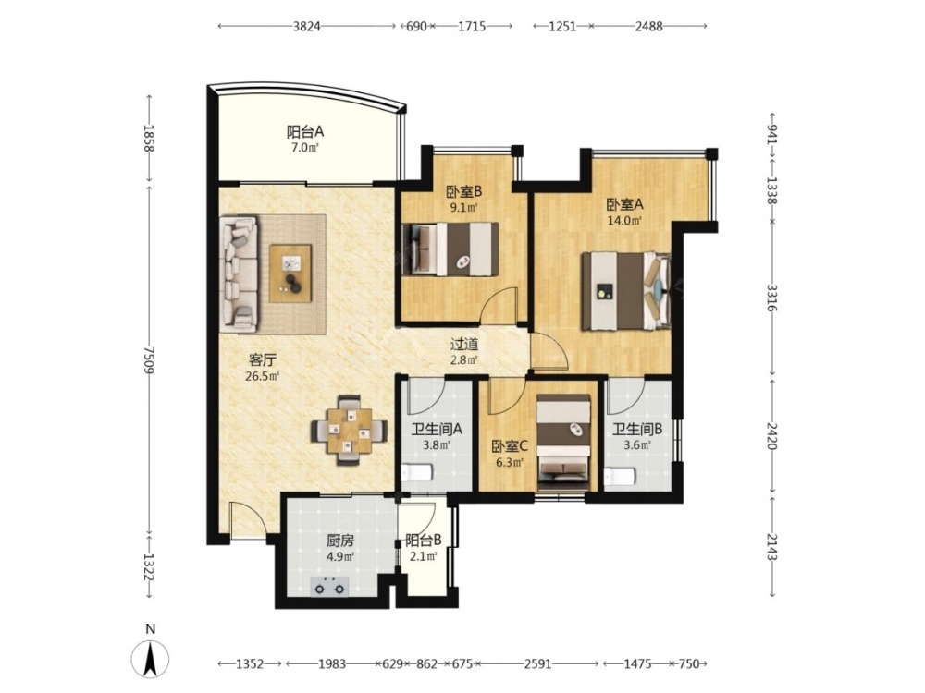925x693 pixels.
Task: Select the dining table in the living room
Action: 350,430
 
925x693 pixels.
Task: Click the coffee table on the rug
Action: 290,274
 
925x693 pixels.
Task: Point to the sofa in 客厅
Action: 240,274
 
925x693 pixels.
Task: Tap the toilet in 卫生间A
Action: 416,472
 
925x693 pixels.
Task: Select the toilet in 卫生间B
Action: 620,476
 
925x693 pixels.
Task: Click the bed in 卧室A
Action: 626,290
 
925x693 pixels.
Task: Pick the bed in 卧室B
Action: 449,249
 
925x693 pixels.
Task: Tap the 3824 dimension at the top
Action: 306,26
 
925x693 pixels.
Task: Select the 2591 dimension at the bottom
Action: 537,664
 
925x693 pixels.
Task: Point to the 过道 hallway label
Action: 464,345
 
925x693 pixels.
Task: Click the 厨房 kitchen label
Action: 339,541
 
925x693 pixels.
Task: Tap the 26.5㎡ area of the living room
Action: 263,375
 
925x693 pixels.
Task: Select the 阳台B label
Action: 424,540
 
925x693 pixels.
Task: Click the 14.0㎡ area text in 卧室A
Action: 624,221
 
